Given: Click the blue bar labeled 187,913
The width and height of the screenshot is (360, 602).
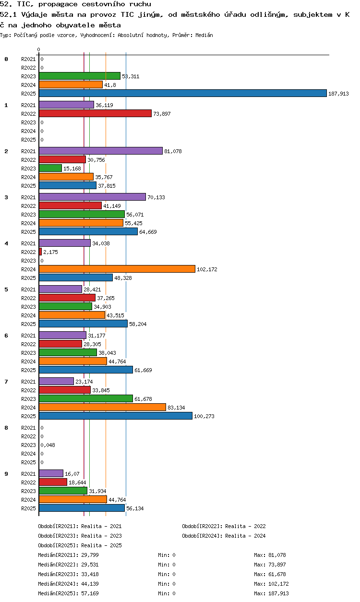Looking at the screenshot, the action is (x=183, y=93).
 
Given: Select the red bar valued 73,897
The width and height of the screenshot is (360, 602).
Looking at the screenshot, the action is (x=95, y=113).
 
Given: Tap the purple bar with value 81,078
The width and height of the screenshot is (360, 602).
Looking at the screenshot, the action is (x=101, y=151).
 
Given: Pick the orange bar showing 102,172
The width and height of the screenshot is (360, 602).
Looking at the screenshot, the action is (x=117, y=269).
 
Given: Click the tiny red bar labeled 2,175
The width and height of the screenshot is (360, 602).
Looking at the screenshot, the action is (x=40, y=252).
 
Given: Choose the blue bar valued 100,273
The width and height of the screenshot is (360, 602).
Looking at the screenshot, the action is (x=116, y=416).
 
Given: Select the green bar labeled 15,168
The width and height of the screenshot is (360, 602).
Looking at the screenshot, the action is (x=50, y=168).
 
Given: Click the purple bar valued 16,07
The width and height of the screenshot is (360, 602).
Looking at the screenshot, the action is (x=51, y=473).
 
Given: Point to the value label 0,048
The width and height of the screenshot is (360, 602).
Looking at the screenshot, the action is (x=48, y=445).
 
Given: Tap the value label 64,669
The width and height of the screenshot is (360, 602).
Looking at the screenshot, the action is (x=148, y=232).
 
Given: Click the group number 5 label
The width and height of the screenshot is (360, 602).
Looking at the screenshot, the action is (x=6, y=289).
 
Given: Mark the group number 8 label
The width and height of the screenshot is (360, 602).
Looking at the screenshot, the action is (x=6, y=428).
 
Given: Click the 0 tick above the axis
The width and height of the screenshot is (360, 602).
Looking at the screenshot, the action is (x=39, y=49).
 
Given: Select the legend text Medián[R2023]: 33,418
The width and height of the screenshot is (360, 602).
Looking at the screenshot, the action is (x=69, y=574).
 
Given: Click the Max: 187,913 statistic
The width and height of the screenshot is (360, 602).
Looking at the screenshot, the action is (x=271, y=593).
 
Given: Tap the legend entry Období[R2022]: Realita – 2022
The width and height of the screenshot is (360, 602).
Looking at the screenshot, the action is (x=224, y=526).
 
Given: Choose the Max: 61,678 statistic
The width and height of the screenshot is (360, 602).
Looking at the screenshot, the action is (x=270, y=574).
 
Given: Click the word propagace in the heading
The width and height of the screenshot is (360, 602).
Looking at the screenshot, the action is (x=58, y=4).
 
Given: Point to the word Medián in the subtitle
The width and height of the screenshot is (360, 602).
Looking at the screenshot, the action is (x=204, y=35).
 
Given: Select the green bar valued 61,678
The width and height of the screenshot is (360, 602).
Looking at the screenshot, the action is (x=86, y=398).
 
